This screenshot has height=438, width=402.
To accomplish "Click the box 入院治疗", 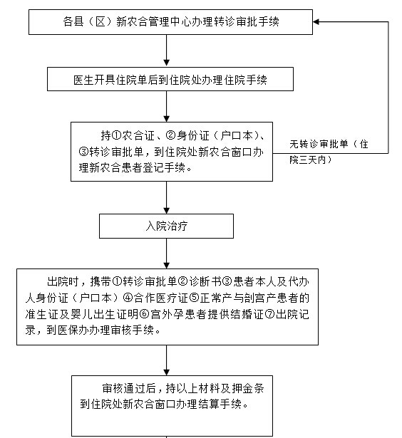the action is click(166, 226).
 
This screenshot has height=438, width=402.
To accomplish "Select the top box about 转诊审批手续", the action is click(170, 22).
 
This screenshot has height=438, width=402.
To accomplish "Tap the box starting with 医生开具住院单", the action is click(170, 79).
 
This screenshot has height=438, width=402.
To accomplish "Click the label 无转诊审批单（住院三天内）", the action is click(329, 152).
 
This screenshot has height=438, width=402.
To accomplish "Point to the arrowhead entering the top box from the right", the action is click(316, 22).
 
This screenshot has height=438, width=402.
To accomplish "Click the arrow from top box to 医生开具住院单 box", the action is click(166, 51).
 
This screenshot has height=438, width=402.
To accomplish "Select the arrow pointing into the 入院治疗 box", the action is click(166, 197).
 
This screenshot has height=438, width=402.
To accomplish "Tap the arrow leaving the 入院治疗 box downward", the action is click(166, 254).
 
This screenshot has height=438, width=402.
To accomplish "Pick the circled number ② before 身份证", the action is click(170, 136).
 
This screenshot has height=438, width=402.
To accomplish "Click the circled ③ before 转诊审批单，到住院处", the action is click(84, 152).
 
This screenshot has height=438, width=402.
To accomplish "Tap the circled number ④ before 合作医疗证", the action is click(128, 298).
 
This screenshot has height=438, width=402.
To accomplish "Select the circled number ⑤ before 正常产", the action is click(194, 298).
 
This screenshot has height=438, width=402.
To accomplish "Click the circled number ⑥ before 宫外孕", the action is click(145, 314).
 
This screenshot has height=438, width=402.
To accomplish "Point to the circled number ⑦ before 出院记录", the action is click(269, 314).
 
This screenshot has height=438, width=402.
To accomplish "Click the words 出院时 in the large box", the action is click(63, 281).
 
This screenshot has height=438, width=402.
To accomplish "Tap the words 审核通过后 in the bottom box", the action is click(129, 388).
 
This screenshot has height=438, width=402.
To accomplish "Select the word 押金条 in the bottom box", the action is click(248, 388).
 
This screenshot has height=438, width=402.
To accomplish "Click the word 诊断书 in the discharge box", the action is click(205, 281).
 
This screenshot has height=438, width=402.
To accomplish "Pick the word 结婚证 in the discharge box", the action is click(247, 314).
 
